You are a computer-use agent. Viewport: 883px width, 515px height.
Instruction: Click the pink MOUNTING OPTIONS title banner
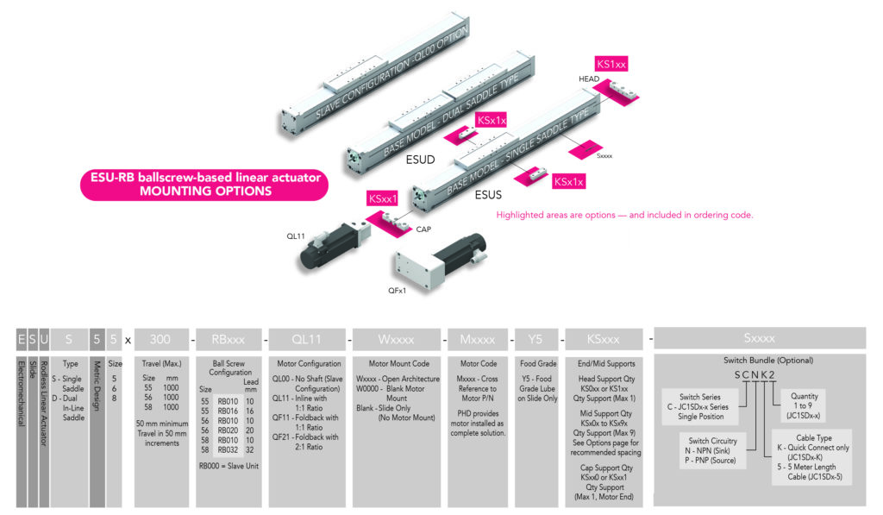[x=205, y=185]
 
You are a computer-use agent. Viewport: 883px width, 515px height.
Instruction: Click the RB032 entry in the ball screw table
[x=229, y=449]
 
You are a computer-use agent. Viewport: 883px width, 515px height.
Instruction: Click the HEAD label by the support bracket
[x=589, y=79]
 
